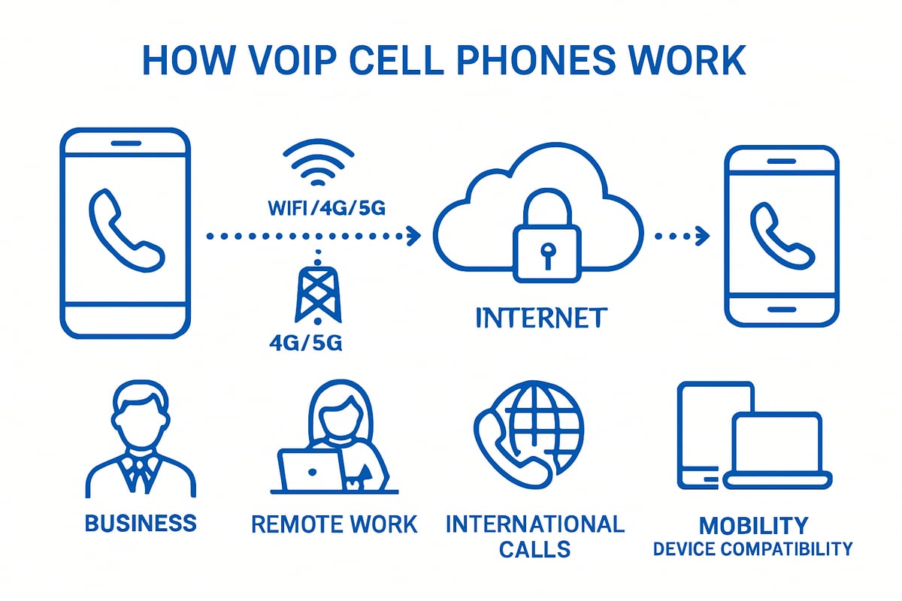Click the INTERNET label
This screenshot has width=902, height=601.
tap(540, 317)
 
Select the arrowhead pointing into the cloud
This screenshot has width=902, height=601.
tap(412, 237)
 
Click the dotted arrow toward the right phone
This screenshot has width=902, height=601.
tap(681, 237)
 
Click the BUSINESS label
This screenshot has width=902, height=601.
tap(141, 523)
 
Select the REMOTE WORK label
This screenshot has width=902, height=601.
tap(334, 524)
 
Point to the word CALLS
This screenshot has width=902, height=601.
tap(534, 548)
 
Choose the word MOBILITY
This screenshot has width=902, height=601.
tap(753, 524)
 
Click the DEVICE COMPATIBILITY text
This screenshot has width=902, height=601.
tap(753, 549)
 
